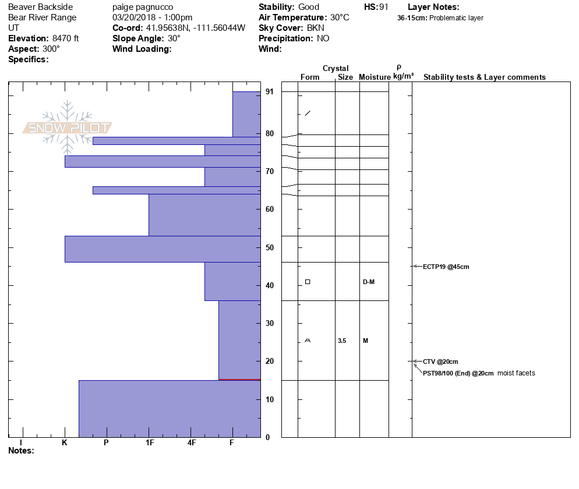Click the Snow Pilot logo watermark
68,127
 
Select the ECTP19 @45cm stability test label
446,267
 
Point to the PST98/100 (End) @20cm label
458,373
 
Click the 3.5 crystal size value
341,341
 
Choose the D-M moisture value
368,282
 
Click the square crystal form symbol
308,282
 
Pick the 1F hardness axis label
150,443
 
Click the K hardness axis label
65,443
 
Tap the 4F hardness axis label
192,443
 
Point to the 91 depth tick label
269,92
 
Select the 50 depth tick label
269,247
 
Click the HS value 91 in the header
383,7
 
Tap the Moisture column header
375,77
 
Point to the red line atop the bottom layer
239,380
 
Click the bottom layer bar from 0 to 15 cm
169,409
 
